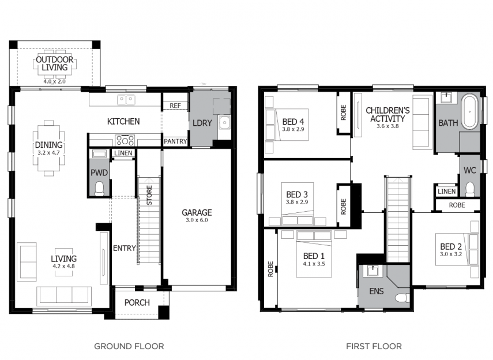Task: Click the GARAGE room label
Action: (x=197, y=212)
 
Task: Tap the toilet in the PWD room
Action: (x=99, y=189)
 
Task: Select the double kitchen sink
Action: (x=126, y=100)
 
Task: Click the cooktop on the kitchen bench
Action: (x=125, y=140)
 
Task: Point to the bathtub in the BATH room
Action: (x=470, y=112)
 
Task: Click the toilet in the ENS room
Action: (x=402, y=298)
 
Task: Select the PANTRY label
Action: (x=175, y=141)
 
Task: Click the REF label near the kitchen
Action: (x=175, y=106)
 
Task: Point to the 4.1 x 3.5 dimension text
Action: (x=314, y=264)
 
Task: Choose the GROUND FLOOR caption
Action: (x=129, y=347)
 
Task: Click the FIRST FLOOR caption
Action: (x=374, y=347)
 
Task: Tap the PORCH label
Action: (x=137, y=303)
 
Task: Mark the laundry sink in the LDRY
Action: (x=224, y=123)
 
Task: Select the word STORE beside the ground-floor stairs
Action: (x=149, y=195)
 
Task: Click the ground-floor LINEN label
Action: (x=123, y=153)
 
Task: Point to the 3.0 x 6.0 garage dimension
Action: (x=197, y=220)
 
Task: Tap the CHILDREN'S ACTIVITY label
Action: (x=387, y=115)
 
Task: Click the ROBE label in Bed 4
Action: (x=343, y=112)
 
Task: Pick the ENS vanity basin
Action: (x=372, y=271)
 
